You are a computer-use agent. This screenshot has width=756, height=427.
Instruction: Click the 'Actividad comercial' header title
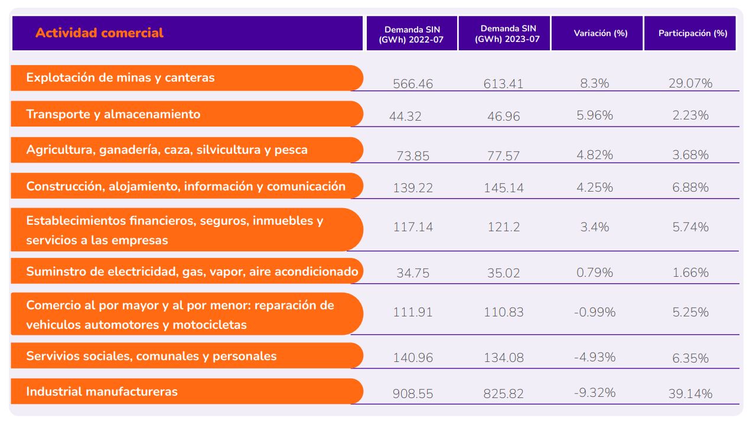(99, 33)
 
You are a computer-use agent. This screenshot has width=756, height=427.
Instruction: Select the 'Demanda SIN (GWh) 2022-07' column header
(412, 34)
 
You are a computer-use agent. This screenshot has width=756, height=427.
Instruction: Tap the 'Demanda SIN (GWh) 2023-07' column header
(504, 34)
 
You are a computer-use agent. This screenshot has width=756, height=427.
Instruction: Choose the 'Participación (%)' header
(693, 34)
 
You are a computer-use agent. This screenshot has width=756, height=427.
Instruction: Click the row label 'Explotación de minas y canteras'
(120, 77)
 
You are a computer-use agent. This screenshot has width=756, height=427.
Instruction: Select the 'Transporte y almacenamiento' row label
(113, 114)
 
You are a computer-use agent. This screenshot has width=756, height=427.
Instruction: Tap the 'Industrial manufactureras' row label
(102, 392)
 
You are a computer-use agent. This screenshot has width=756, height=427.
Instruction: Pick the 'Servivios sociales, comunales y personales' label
(151, 356)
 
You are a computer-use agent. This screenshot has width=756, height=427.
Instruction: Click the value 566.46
(413, 84)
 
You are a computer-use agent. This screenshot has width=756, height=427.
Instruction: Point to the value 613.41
(504, 84)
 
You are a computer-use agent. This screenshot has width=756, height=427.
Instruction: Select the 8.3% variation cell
(594, 84)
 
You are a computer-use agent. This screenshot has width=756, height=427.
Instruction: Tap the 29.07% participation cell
(690, 84)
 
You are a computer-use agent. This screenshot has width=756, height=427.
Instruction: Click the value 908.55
(413, 393)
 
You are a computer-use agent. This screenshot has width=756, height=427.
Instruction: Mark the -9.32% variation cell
(594, 393)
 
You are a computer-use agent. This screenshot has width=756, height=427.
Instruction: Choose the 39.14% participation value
(690, 393)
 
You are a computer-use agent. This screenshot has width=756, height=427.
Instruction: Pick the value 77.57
(504, 156)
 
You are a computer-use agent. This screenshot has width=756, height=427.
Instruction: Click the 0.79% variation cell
(594, 273)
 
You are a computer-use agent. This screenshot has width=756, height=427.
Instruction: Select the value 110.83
(504, 312)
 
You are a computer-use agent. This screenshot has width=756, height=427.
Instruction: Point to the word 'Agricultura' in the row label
(57, 150)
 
